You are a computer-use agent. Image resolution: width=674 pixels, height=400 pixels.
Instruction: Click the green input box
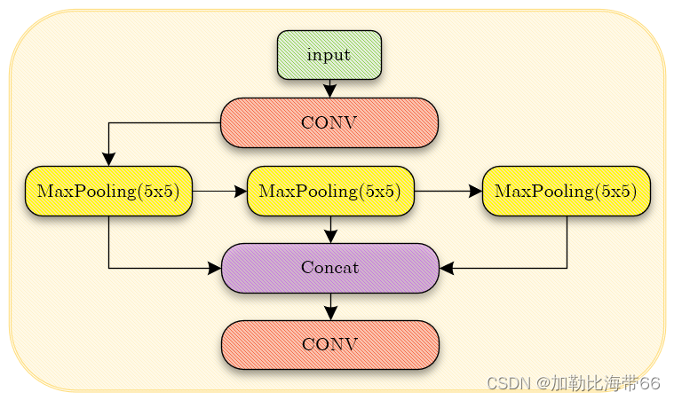(x=329, y=55)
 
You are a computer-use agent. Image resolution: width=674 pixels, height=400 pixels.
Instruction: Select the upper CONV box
(x=329, y=122)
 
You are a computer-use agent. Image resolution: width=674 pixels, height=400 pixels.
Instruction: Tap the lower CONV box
(x=329, y=344)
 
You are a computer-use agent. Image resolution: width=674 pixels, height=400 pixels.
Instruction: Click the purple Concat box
(x=329, y=268)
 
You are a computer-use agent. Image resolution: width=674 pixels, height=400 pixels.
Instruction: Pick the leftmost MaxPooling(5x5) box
(x=109, y=191)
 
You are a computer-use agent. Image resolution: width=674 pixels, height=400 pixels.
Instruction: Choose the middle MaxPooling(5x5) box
(x=330, y=191)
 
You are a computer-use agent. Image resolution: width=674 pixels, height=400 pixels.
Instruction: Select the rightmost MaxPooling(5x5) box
(x=567, y=191)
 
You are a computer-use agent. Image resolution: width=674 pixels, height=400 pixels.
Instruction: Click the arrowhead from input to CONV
(x=329, y=90)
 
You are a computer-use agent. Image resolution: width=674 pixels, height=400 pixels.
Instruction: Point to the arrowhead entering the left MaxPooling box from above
(x=109, y=159)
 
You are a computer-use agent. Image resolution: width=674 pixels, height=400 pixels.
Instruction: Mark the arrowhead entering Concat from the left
(x=214, y=268)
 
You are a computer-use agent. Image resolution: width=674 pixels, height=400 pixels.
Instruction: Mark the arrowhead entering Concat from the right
(x=447, y=268)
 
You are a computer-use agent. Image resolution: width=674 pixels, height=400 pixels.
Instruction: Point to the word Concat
(x=329, y=268)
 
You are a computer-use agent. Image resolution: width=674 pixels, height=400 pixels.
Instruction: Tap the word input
(x=329, y=55)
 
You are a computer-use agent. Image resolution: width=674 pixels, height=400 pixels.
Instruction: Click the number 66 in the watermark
(x=651, y=383)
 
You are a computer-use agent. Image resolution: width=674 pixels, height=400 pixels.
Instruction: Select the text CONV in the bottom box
(x=329, y=344)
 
